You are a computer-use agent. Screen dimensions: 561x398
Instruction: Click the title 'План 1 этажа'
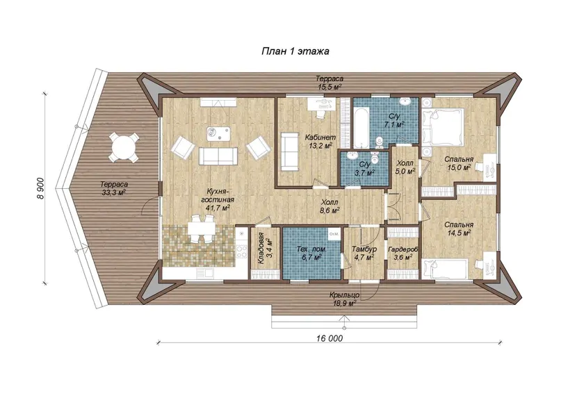pos(295,51)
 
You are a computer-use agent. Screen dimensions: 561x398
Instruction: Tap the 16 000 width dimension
pos(329,338)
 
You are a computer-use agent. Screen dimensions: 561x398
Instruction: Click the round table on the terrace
pos(124,147)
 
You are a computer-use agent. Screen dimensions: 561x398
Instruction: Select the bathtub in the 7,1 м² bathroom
pos(360,128)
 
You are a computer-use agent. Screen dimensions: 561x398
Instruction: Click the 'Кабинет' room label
pos(320,137)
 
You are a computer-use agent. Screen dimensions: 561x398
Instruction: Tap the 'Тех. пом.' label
pos(311,249)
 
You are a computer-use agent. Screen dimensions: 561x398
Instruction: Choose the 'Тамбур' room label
pos(364,249)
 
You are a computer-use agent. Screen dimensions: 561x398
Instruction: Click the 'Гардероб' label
pos(403,249)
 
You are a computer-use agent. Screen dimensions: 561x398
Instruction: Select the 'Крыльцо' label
pos(345,295)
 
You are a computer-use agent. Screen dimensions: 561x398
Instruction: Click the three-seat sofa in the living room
pos(218,156)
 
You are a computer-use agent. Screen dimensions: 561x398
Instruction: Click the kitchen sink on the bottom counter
pos(204,274)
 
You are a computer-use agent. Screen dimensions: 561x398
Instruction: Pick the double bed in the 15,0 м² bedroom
pos(442,126)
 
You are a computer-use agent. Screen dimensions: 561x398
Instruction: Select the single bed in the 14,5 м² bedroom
pos(445,269)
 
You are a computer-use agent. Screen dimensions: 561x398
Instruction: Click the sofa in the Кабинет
pos(289,151)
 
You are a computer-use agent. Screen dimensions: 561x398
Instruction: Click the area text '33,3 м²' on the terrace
pos(113,192)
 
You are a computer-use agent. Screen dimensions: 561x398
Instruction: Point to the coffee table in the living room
pos(218,133)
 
